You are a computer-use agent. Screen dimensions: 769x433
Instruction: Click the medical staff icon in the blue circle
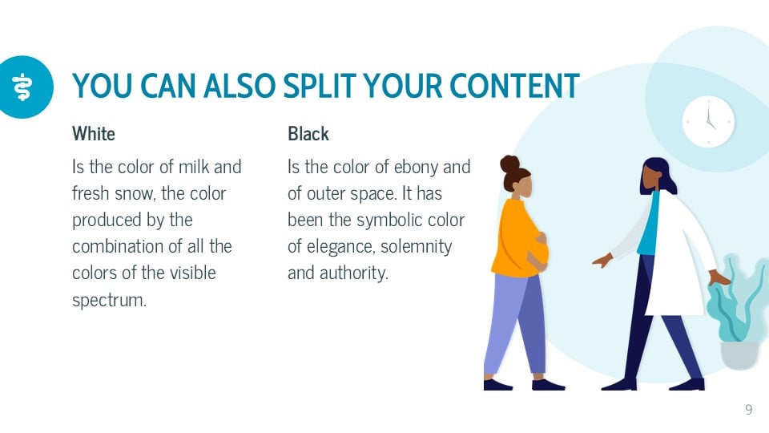[x=22, y=87]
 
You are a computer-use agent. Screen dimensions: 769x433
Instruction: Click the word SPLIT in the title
[x=320, y=86]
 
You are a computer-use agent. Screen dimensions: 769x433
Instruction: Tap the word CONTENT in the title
[x=514, y=86]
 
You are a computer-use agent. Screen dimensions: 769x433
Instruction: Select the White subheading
[x=94, y=134]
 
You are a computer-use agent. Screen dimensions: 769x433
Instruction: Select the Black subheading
[x=308, y=134]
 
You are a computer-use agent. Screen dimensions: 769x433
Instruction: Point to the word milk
[x=194, y=167]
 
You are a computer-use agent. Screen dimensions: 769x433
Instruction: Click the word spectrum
[x=109, y=299]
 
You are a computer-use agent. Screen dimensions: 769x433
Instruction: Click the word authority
[x=353, y=273]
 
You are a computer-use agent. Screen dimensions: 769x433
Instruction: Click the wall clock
[x=708, y=122]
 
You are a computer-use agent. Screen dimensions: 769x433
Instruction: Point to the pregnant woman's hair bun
[x=509, y=164]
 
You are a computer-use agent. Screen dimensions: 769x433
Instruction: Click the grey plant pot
[x=739, y=354]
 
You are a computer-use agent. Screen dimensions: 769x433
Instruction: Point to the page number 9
[x=748, y=410]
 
